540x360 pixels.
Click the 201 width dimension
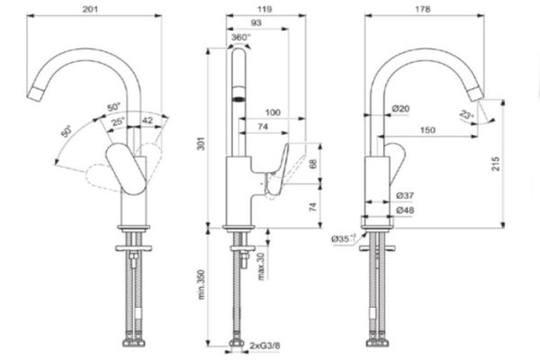(x=87, y=8)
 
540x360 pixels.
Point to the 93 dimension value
(x=257, y=22)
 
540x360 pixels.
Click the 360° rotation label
(x=241, y=38)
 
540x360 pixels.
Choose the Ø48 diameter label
(x=402, y=210)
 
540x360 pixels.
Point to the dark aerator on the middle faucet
(x=239, y=100)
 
